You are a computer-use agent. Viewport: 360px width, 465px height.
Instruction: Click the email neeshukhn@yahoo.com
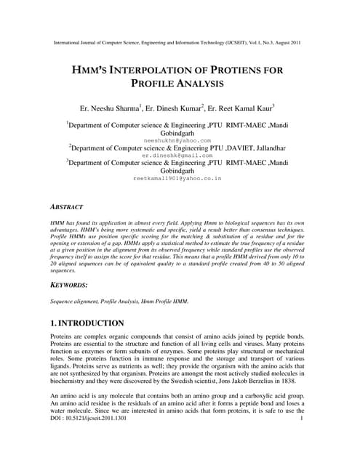point(177,140)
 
